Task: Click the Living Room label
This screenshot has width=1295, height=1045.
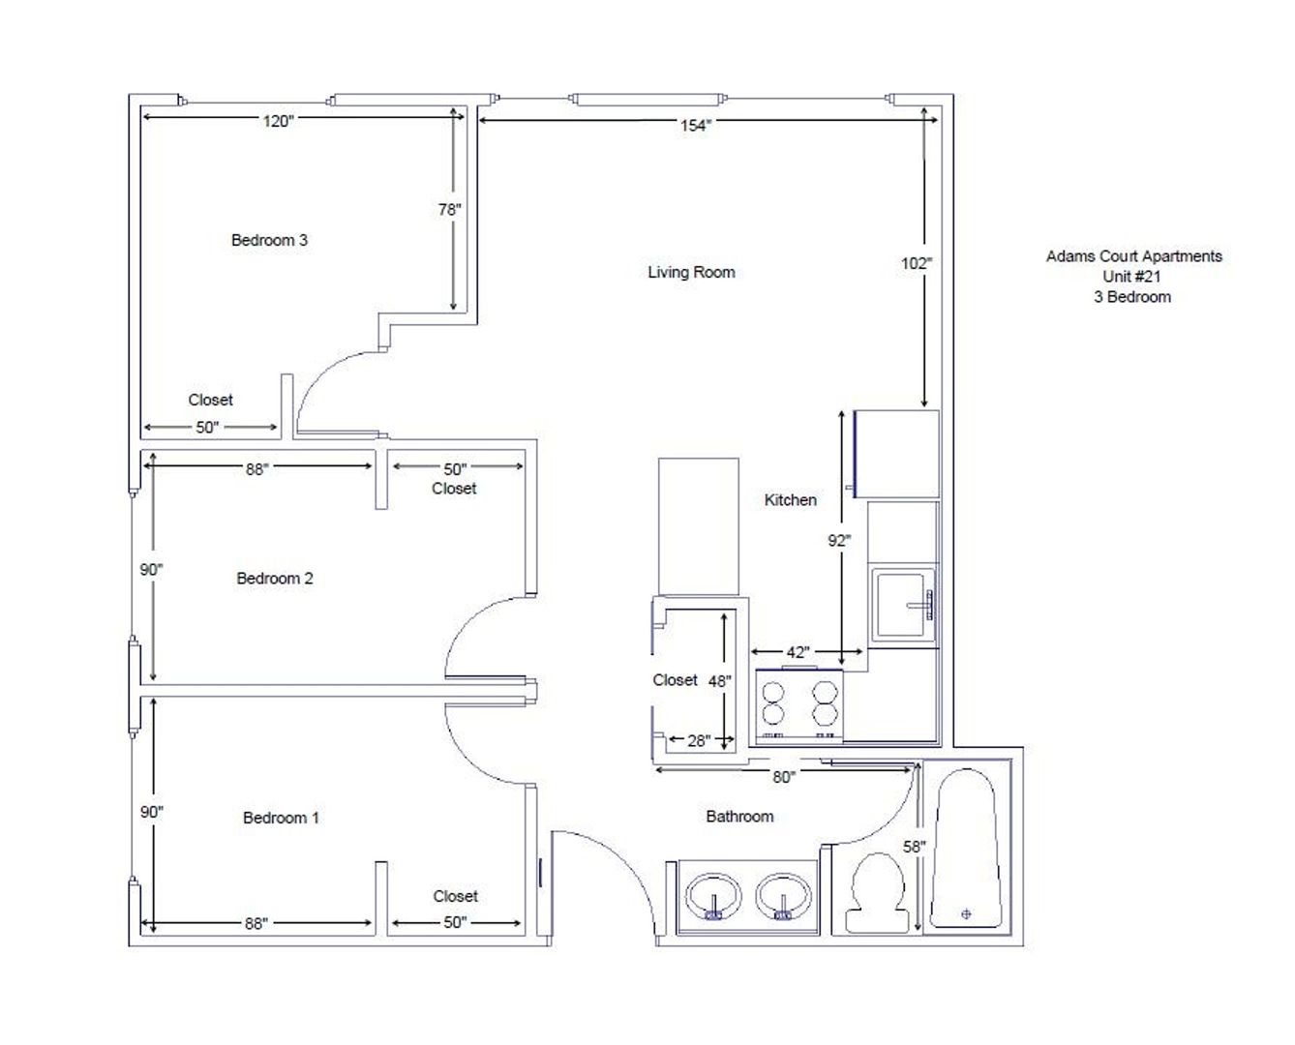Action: (x=691, y=272)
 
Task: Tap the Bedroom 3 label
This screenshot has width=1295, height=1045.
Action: (x=269, y=240)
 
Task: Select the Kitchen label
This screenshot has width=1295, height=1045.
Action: (x=790, y=499)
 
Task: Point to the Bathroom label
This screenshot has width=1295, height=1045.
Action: (x=739, y=816)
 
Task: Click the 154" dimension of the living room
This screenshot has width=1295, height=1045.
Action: (x=696, y=125)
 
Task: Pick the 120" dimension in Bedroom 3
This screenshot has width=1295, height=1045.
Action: (x=278, y=121)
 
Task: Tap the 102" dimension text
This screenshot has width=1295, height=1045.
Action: (x=917, y=263)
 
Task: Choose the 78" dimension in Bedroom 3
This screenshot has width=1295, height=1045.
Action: (x=449, y=209)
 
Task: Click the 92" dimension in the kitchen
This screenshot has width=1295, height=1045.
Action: (x=839, y=540)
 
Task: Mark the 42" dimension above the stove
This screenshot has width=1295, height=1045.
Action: (x=798, y=652)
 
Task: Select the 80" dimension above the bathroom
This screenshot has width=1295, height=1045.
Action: (x=784, y=777)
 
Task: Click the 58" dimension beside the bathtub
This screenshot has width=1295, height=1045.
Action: (x=914, y=847)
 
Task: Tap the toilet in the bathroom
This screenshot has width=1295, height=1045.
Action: (x=877, y=892)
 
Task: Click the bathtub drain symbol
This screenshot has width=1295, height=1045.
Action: (x=966, y=913)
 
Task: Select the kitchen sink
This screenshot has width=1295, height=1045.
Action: (x=902, y=606)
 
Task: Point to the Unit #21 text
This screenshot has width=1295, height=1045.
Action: (x=1131, y=276)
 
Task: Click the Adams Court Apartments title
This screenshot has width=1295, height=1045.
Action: (x=1134, y=256)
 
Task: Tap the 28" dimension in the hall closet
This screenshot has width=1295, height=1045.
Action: (x=699, y=740)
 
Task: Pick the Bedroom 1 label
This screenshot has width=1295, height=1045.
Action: (x=281, y=818)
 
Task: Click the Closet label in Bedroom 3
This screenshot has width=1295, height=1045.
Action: (x=210, y=400)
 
